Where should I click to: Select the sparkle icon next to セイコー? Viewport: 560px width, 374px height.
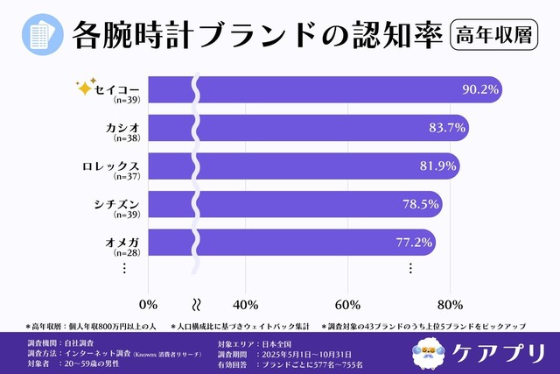pyautogui.click(x=85, y=88)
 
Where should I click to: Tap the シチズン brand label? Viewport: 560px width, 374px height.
pyautogui.click(x=116, y=202)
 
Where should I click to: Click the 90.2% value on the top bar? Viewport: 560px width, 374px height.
pyautogui.click(x=480, y=89)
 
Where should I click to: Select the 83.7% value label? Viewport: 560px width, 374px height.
pyautogui.click(x=447, y=128)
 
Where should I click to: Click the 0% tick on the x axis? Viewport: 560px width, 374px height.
pyautogui.click(x=149, y=304)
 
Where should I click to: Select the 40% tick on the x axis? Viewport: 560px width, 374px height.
pyautogui.click(x=246, y=304)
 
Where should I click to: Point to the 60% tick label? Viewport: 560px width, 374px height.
pyautogui.click(x=348, y=304)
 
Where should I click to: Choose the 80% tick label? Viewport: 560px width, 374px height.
pyautogui.click(x=450, y=304)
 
